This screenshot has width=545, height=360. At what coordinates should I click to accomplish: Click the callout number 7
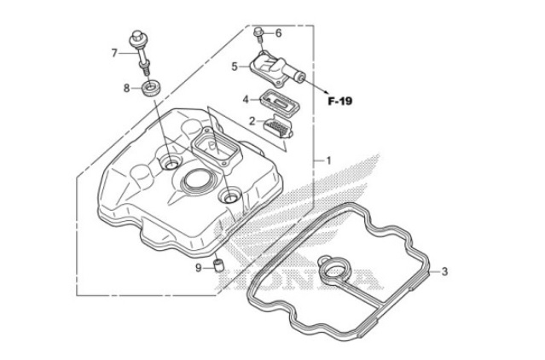pos(114,53)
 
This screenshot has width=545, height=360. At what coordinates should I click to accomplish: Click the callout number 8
pos(126,87)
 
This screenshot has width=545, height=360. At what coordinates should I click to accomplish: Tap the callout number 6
pos(277,33)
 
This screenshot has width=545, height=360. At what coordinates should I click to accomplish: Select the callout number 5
pos(234,65)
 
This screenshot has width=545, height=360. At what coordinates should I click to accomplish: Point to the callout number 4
pos(245,99)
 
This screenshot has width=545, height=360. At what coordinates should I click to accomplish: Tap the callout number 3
pos(444,272)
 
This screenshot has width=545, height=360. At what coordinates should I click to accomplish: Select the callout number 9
pos(199,268)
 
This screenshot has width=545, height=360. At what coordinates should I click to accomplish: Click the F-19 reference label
pos(340,101)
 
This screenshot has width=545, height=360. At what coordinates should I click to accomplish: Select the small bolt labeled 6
pos(258,35)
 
